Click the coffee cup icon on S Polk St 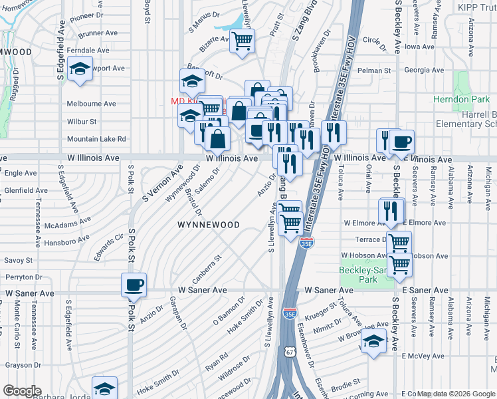tap(134, 285)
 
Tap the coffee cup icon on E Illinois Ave tap(401, 142)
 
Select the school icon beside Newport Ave tap(80, 70)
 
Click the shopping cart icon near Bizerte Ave tap(243, 41)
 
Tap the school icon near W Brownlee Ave tap(374, 340)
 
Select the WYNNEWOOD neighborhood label tap(208, 225)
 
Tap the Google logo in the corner tap(22, 391)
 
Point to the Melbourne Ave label tap(91, 104)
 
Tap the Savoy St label tap(19, 260)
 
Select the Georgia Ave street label tap(424, 70)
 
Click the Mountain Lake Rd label tap(96, 139)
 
